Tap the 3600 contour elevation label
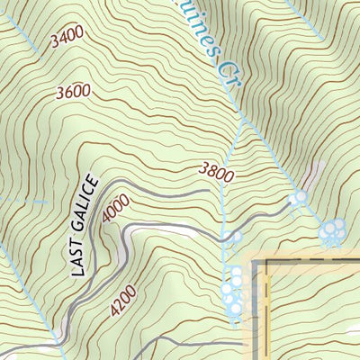74,92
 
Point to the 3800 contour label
217,170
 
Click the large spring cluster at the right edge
332,232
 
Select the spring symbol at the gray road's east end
297,197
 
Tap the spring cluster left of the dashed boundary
233,290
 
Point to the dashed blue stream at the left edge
18,202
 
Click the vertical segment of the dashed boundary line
256,306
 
